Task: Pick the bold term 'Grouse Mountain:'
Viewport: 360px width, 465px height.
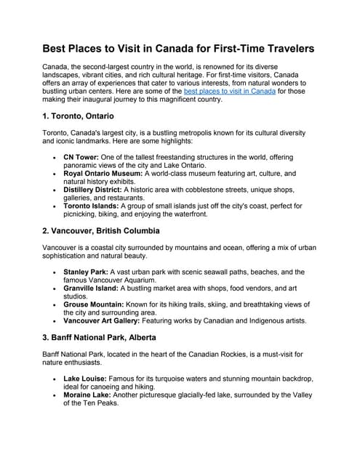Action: click(x=94, y=304)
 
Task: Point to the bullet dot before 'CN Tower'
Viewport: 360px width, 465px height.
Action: click(x=55, y=156)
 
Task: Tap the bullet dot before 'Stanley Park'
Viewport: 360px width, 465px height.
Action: click(x=55, y=272)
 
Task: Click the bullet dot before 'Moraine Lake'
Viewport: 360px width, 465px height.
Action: click(x=55, y=396)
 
